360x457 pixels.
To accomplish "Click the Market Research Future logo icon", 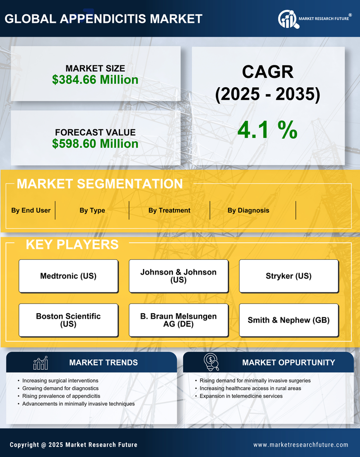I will [x=288, y=19].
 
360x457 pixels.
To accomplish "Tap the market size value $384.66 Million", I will [x=95, y=79].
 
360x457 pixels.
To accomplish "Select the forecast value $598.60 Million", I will [x=95, y=144].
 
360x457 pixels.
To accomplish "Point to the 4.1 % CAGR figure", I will [x=267, y=130].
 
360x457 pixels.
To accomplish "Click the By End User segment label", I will [x=31, y=210].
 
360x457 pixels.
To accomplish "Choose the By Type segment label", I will [x=92, y=210].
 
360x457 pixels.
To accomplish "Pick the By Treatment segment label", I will [x=169, y=210].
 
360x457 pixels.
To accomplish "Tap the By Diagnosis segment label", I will [x=249, y=210].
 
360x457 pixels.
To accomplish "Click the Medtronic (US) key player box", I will [x=68, y=276].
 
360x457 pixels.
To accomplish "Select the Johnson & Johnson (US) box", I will [x=178, y=276].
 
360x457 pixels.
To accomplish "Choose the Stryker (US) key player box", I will [x=289, y=276].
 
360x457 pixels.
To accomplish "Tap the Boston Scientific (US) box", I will [x=68, y=320].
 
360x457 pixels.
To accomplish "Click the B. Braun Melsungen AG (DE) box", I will [x=178, y=320].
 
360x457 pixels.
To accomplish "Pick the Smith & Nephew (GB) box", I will [x=289, y=320].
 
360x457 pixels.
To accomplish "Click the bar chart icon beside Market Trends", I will [x=40, y=363].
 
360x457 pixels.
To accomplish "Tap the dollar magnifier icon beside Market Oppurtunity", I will [x=211, y=362].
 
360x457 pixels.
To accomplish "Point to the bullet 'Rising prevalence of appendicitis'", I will [x=61, y=396].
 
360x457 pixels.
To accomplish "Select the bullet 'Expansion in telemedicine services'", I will [x=241, y=396].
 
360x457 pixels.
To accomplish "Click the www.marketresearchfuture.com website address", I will [x=301, y=445].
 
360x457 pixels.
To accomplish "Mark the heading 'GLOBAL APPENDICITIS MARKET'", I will [x=103, y=19].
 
